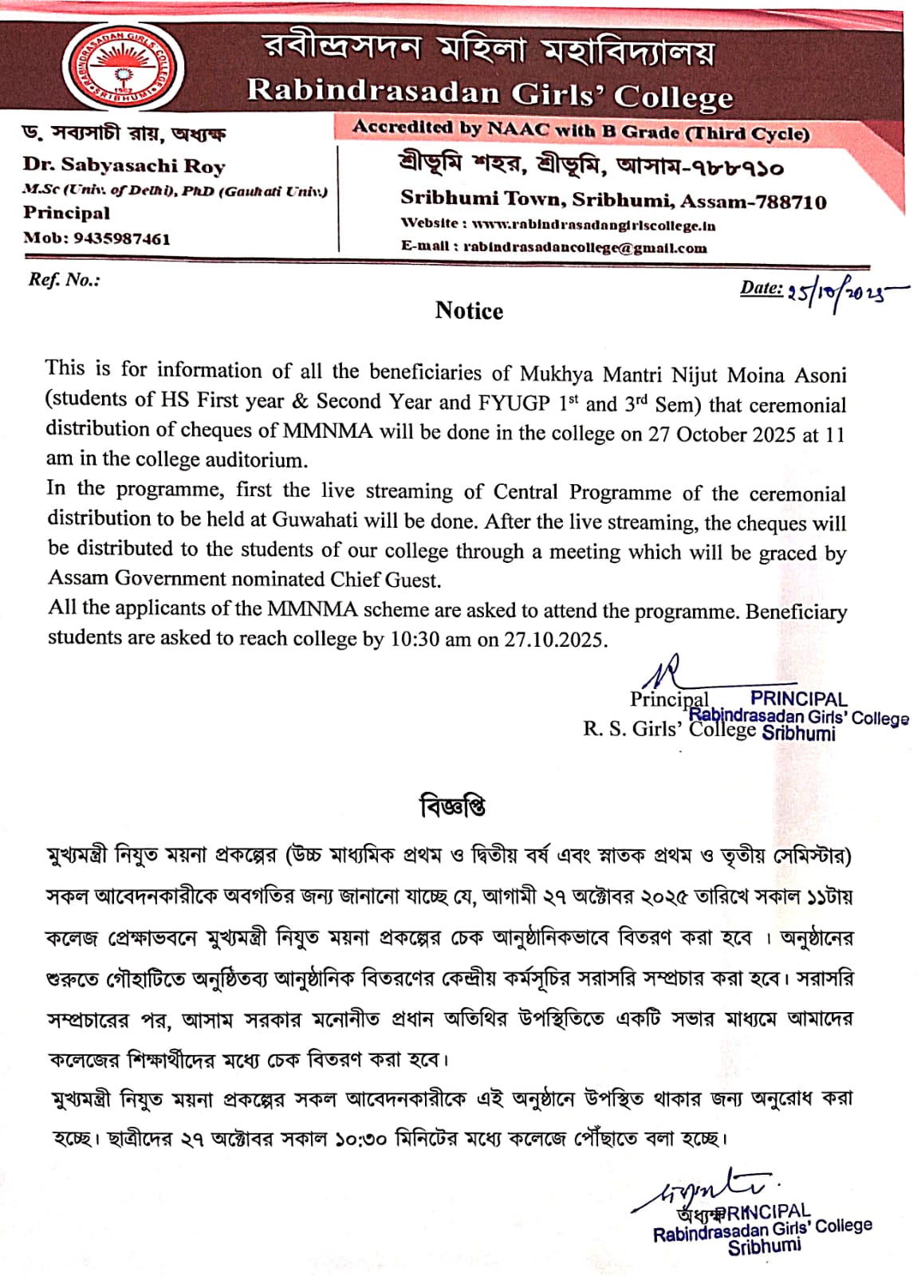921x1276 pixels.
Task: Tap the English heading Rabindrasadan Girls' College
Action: [x=489, y=92]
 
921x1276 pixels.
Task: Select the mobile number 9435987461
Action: [x=122, y=238]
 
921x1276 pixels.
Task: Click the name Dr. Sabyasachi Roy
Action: [x=124, y=166]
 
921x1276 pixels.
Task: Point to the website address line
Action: [x=557, y=225]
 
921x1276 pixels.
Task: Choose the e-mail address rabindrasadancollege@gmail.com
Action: [x=553, y=248]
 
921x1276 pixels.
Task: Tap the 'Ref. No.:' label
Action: [x=64, y=280]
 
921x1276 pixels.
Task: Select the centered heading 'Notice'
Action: [x=469, y=311]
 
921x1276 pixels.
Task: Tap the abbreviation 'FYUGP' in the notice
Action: [x=514, y=403]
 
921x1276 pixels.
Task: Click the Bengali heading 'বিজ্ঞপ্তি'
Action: [x=453, y=807]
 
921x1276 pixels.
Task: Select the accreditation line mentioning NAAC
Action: [x=581, y=130]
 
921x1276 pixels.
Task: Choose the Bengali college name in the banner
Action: [x=489, y=49]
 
